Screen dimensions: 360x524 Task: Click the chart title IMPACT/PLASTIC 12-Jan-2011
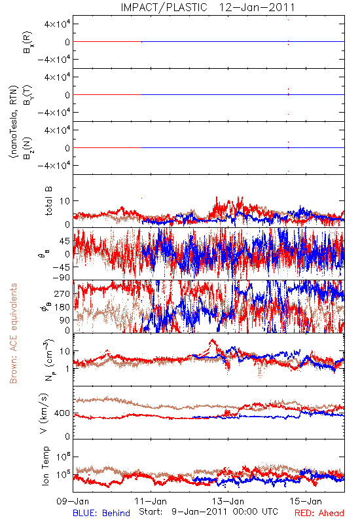point(207,7)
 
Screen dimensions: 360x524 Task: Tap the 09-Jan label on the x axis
point(73,501)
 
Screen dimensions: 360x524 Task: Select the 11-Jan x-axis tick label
point(151,501)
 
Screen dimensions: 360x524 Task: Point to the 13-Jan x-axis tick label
point(228,501)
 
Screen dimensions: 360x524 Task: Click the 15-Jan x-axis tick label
point(306,501)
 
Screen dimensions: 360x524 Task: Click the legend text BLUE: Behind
point(101,513)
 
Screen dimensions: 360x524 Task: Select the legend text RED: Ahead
point(319,513)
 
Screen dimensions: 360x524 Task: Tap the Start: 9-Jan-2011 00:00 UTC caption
point(208,512)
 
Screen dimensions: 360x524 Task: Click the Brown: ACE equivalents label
point(13,333)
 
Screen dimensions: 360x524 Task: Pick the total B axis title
point(48,201)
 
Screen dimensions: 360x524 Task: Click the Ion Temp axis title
point(45,466)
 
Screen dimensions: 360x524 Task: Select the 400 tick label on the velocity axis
point(62,413)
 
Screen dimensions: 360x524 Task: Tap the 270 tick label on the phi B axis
point(62,293)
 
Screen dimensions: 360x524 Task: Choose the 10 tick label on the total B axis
point(65,201)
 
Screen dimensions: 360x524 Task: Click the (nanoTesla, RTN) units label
point(13,122)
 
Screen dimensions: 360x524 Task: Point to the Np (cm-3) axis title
point(48,360)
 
